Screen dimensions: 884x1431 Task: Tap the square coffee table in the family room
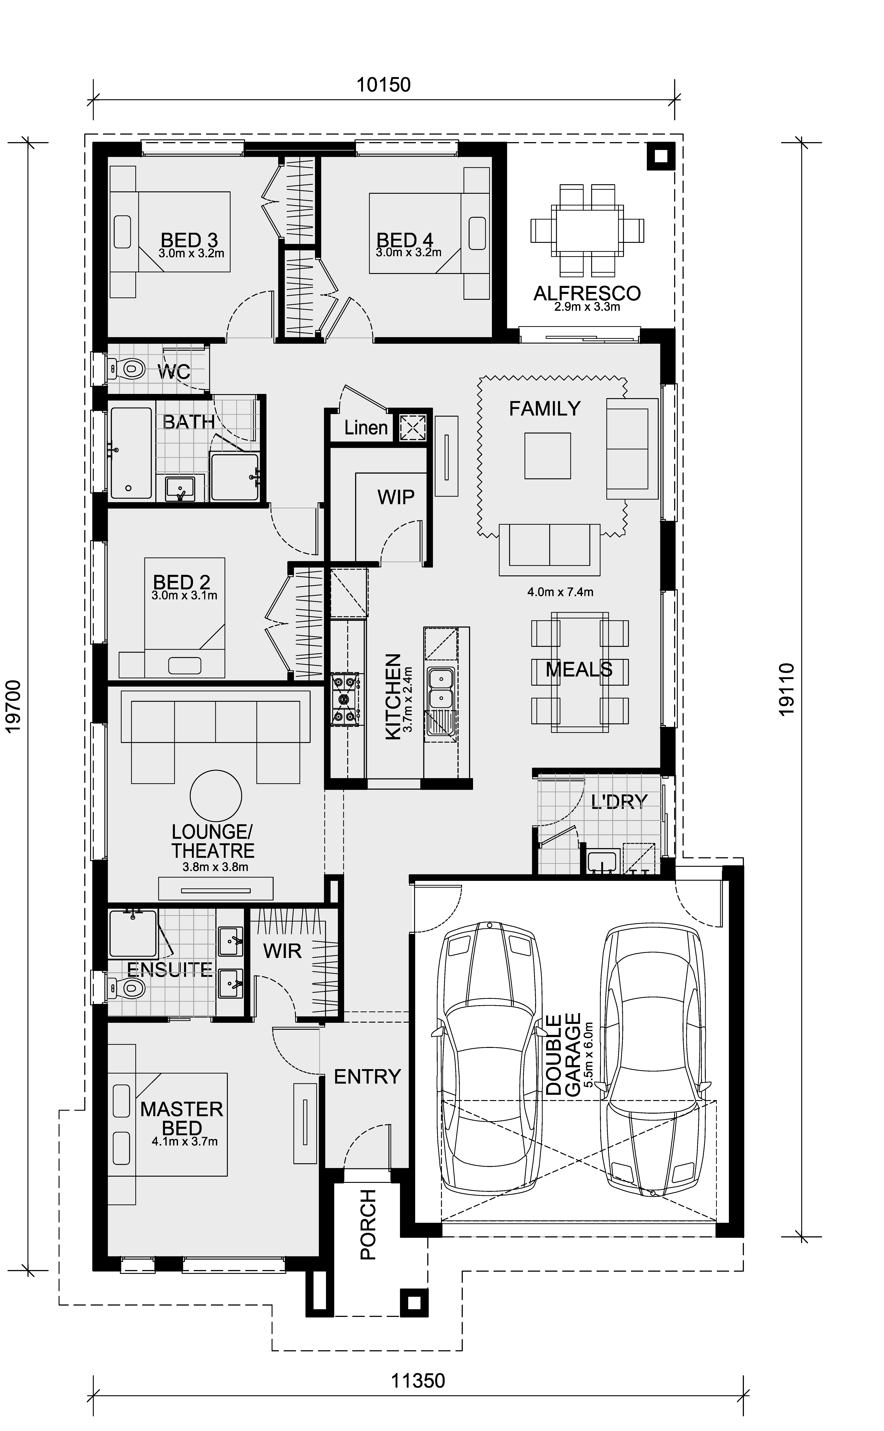click(547, 456)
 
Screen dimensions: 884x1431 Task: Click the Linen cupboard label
click(366, 428)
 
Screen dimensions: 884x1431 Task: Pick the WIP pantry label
click(396, 497)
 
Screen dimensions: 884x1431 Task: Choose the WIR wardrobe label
click(282, 951)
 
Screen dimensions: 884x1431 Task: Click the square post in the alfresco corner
click(661, 156)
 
